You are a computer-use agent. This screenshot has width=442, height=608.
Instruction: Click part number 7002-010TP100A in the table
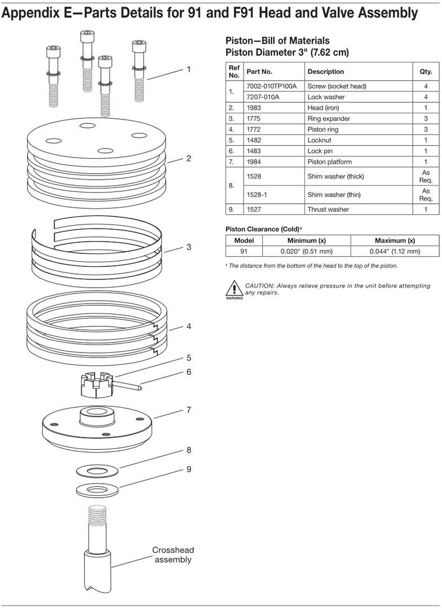[x=272, y=86]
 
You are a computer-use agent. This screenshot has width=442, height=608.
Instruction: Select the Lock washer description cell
[x=326, y=97]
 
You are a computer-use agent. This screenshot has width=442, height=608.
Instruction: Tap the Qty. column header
[x=426, y=71]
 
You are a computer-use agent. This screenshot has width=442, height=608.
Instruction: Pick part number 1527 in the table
[x=254, y=209]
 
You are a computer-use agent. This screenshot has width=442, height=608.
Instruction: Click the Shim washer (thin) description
[x=334, y=195]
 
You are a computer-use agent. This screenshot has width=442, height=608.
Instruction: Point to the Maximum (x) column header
[x=395, y=240]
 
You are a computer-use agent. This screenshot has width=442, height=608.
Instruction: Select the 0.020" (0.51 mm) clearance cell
[x=307, y=251]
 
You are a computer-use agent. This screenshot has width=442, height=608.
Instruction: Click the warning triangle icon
[x=234, y=288]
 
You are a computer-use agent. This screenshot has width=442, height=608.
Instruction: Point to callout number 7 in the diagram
[x=189, y=410]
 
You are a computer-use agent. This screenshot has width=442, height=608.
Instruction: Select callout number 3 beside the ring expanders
[x=189, y=247]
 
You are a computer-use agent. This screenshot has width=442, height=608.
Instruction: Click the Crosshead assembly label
[x=173, y=555]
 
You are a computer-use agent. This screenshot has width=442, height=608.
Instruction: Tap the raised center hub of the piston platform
[x=98, y=415]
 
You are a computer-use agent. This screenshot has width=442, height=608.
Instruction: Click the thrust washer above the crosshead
[x=97, y=490]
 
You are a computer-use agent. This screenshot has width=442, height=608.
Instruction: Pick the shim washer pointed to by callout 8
[x=97, y=472]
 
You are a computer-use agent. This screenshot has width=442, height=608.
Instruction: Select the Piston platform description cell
[x=329, y=162]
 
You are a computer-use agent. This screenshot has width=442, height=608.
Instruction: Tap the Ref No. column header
[x=234, y=71]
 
